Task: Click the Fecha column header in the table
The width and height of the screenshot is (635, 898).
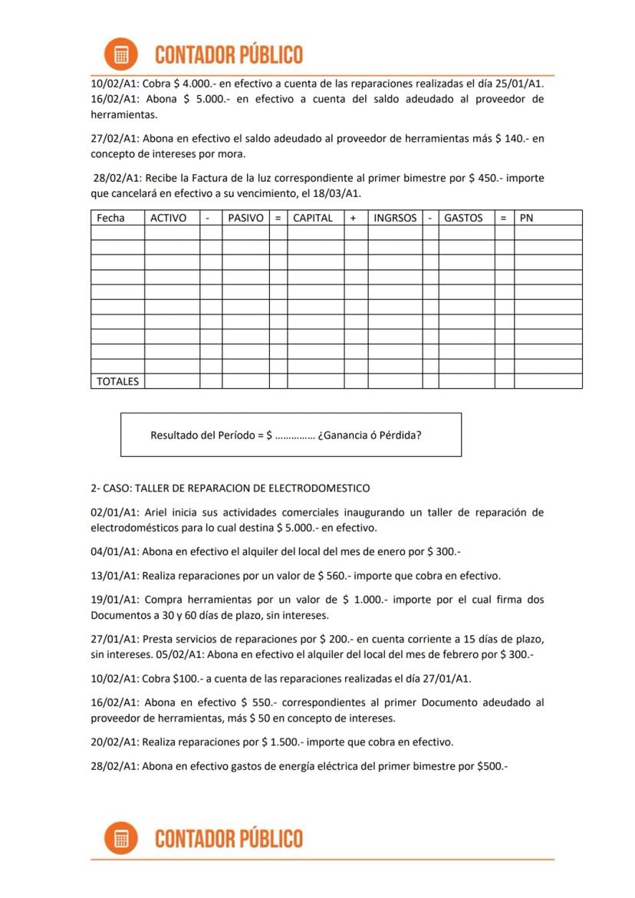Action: pos(110,218)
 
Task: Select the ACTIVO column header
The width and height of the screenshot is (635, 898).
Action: pos(168,218)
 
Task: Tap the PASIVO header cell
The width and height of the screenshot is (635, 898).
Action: pos(245,218)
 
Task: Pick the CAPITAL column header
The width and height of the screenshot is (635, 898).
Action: pos(313,218)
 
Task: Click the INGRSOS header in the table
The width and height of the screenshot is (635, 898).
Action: pos(395,218)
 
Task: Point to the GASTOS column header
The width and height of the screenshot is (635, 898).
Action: pos(463,218)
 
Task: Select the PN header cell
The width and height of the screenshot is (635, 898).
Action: pos(526,218)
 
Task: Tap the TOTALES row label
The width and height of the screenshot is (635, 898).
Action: pos(117,381)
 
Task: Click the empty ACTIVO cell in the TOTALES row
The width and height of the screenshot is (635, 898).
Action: pos(172,381)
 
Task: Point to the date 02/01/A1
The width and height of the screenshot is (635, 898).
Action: pos(114,512)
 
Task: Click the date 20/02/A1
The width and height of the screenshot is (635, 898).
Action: pos(114,742)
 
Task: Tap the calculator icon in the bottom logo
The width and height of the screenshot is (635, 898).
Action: pos(120,838)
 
